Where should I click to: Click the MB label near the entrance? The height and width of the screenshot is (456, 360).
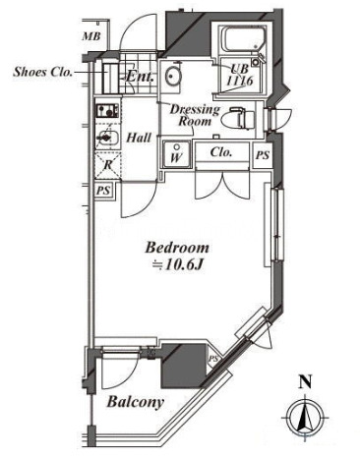pyautogui.click(x=91, y=36)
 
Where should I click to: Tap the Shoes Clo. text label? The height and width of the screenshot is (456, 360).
pyautogui.click(x=42, y=72)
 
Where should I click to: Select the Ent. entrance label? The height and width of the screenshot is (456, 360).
pyautogui.click(x=140, y=77)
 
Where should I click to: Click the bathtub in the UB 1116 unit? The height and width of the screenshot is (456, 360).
pyautogui.click(x=243, y=39)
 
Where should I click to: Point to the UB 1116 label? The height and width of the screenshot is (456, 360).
pyautogui.click(x=241, y=75)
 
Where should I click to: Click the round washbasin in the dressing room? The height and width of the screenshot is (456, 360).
pyautogui.click(x=172, y=76)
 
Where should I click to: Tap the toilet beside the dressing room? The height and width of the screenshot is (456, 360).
pyautogui.click(x=238, y=118)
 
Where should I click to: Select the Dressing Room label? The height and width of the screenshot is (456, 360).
pyautogui.click(x=195, y=115)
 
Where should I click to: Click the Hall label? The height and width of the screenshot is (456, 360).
pyautogui.click(x=139, y=138)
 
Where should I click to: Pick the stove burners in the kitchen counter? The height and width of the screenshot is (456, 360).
pyautogui.click(x=107, y=111)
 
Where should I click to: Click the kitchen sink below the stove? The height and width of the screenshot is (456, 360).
pyautogui.click(x=107, y=137)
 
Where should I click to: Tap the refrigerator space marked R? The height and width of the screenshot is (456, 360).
pyautogui.click(x=107, y=165)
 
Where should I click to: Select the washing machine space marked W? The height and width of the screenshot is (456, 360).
pyautogui.click(x=176, y=154)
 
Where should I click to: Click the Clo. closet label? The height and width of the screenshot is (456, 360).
pyautogui.click(x=221, y=152)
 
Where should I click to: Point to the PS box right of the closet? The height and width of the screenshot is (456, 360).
pyautogui.click(x=263, y=155)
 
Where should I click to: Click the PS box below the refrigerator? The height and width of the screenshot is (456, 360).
pyautogui.click(x=103, y=191)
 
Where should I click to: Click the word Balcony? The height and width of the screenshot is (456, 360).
pyautogui.click(x=135, y=402)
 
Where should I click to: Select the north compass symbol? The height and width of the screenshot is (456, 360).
pyautogui.click(x=305, y=417)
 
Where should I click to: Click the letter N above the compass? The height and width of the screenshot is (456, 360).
pyautogui.click(x=305, y=382)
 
